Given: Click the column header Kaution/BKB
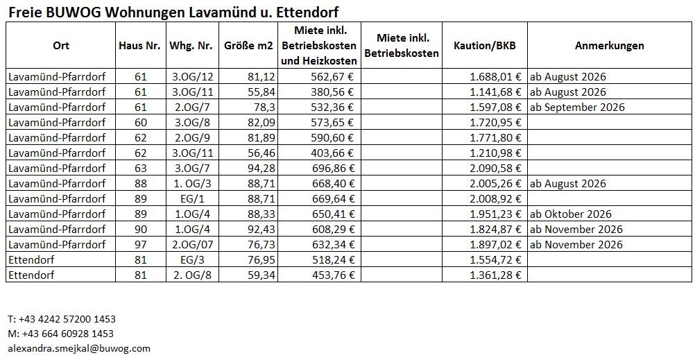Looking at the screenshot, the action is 484,46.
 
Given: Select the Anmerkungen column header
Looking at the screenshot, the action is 610,46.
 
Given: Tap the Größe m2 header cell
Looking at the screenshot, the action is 248,46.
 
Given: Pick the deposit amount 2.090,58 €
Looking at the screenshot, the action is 495,168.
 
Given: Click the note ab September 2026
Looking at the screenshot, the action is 577,108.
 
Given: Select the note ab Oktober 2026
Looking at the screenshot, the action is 570,214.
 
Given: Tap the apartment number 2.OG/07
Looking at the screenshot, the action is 191,245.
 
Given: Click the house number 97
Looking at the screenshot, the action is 141,245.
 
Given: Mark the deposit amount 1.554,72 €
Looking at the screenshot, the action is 495,260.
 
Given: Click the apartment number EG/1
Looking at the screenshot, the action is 191,199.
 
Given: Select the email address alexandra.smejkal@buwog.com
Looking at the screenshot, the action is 79,348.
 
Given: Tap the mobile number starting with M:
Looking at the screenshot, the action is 61,334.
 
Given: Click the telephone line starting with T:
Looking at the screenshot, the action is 62,319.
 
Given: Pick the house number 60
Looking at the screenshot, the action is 141,122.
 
